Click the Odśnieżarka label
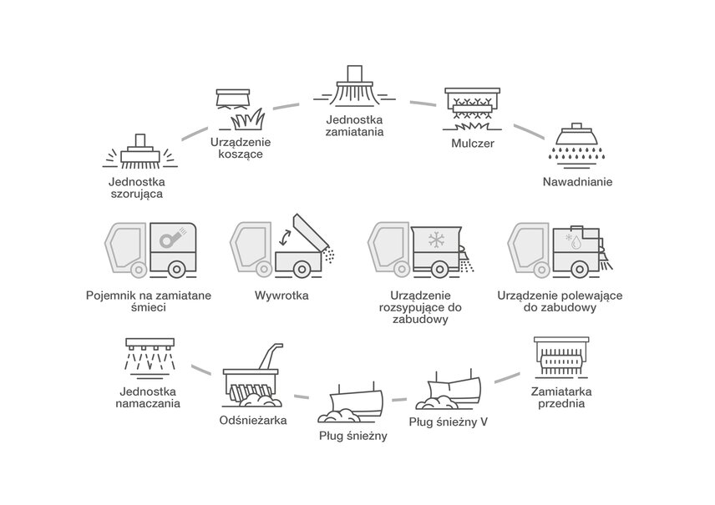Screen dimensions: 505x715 pyautogui.click(x=252, y=420)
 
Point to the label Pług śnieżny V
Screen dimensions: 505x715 pyautogui.click(x=449, y=422)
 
